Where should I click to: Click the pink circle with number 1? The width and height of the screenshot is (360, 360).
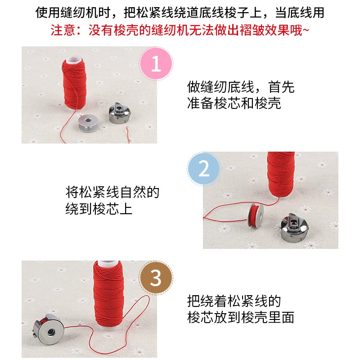tap(156, 63)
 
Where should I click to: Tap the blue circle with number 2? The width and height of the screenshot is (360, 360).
tap(204, 168)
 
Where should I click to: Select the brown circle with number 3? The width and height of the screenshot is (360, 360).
tap(156, 278)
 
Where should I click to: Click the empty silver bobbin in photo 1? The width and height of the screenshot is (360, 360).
tap(88, 123)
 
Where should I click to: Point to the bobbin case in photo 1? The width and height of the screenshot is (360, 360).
tap(120, 112)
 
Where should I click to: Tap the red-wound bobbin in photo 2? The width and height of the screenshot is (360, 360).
tap(256, 215)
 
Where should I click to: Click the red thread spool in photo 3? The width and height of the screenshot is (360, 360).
tap(108, 295)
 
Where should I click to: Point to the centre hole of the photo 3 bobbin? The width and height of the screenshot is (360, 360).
tap(50, 332)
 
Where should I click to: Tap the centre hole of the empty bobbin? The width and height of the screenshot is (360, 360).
tap(88, 120)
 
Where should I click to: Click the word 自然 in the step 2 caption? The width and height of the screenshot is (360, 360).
tap(132, 192)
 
